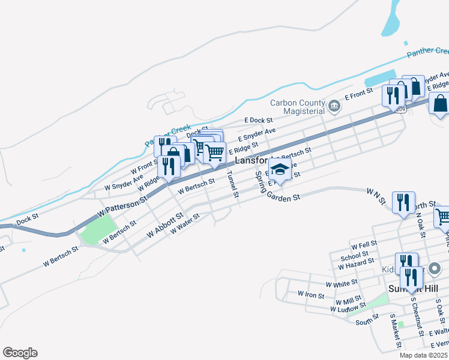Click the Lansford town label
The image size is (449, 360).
[251, 161]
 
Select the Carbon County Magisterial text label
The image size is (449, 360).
[297, 107]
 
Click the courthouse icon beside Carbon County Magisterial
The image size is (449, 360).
[335, 107]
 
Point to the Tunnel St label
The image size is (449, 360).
[232, 185]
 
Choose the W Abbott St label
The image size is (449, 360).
[164, 223]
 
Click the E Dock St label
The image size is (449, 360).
[258, 121]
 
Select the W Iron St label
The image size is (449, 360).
[311, 295]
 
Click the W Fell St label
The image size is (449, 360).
[364, 244]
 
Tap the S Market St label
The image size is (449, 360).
[395, 334]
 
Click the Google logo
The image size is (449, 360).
[20, 353]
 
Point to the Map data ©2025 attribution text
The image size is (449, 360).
[423, 355]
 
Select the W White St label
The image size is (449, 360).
[341, 282]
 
